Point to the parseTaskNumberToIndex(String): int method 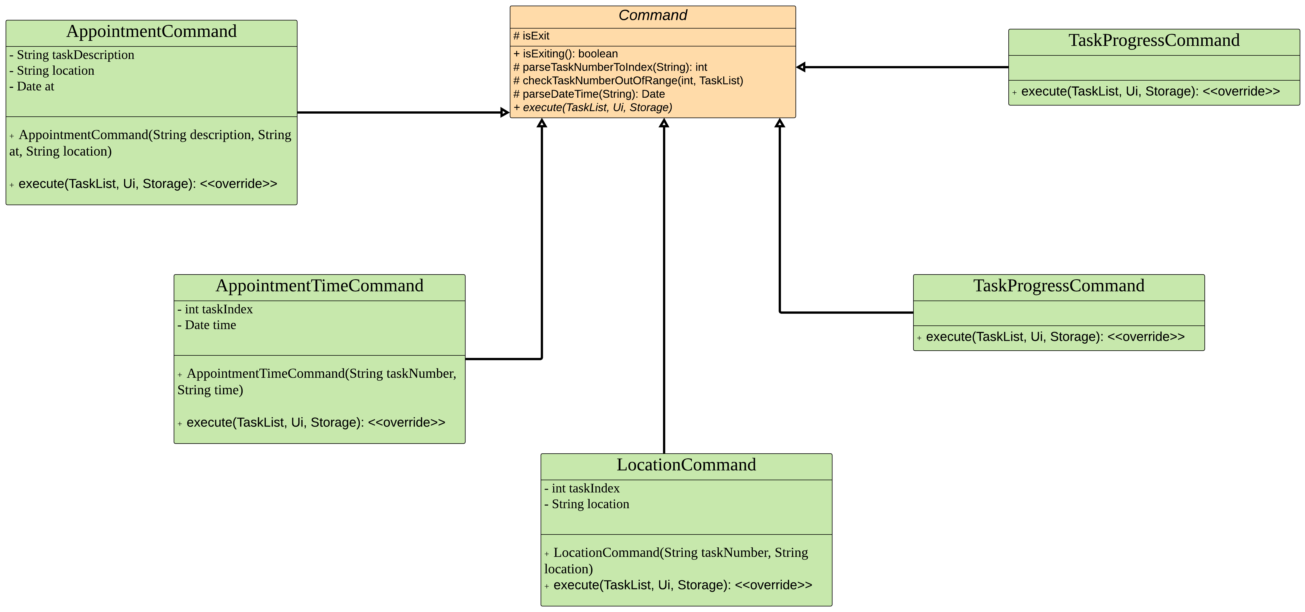click(x=610, y=67)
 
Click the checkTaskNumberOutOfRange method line click(x=628, y=81)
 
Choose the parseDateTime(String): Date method click(x=589, y=94)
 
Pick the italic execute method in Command click(x=593, y=107)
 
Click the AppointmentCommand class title click(x=152, y=31)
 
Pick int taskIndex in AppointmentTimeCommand click(x=215, y=309)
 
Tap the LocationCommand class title click(x=686, y=465)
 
